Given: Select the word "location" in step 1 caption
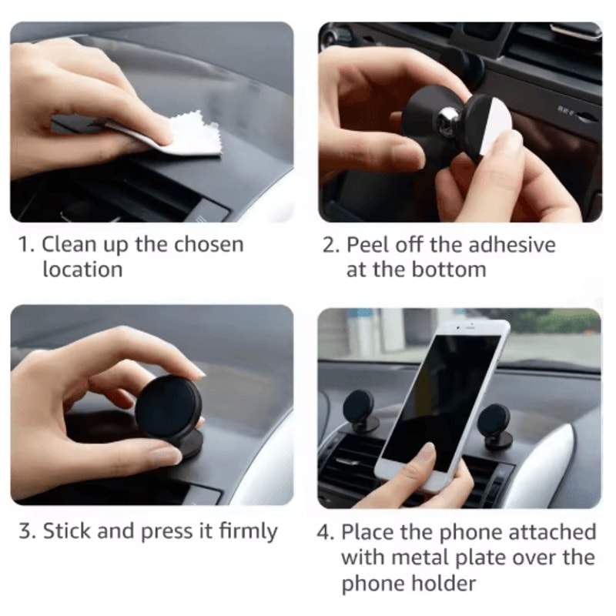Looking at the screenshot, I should (x=82, y=269).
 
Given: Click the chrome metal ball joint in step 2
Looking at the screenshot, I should (x=450, y=119).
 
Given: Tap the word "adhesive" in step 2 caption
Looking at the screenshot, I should (x=513, y=245).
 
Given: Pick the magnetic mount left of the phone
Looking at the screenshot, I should (x=359, y=407).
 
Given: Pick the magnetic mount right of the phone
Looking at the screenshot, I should (x=494, y=422).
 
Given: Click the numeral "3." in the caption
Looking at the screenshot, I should (x=28, y=531).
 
